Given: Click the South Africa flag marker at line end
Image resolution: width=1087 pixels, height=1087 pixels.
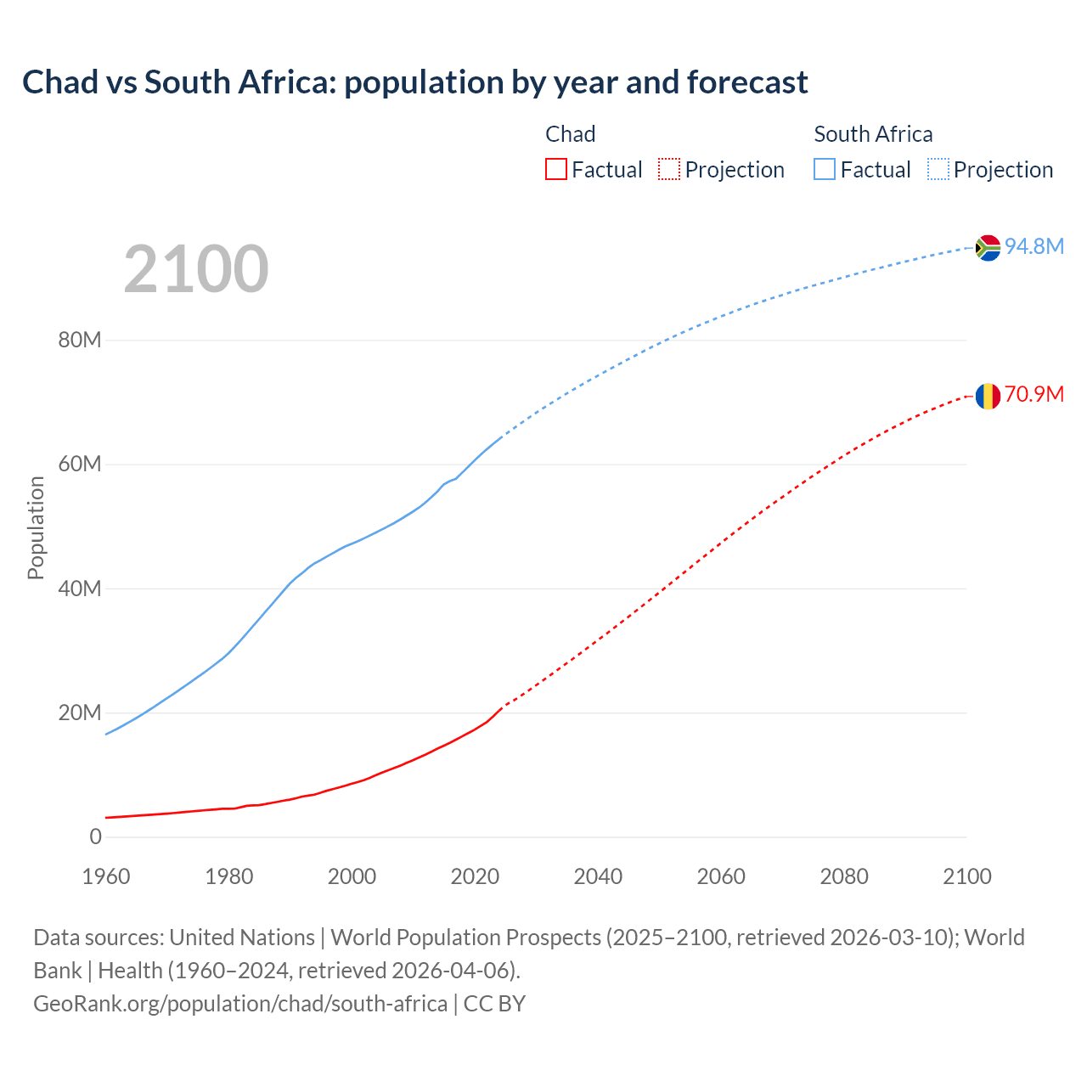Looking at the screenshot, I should [x=988, y=247].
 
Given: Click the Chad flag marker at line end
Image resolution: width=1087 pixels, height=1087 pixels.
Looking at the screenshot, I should [x=988, y=396].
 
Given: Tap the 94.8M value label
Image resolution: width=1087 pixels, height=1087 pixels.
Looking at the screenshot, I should [x=1034, y=246].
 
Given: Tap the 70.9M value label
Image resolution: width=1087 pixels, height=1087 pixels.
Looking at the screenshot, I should [x=1034, y=395].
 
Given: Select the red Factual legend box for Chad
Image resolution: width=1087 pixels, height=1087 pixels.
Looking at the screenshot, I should [x=555, y=169].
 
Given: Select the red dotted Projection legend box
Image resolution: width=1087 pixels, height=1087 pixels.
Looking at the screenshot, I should [x=669, y=169].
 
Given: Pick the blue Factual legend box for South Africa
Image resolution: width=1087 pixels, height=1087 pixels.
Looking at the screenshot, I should [x=825, y=169].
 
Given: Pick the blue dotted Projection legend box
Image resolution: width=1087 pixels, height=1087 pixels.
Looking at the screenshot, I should [x=938, y=169].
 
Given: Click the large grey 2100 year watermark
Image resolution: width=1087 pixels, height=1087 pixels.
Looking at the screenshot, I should [x=196, y=269].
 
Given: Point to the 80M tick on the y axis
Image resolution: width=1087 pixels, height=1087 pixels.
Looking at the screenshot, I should [x=80, y=341].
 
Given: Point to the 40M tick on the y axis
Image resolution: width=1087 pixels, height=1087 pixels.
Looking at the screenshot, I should [x=80, y=589].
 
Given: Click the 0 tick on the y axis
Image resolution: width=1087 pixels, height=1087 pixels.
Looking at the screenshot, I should [x=95, y=836].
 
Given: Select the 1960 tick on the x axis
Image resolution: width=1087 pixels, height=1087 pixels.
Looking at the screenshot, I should [x=106, y=876].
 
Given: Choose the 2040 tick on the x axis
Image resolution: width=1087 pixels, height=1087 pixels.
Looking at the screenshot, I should [x=598, y=876].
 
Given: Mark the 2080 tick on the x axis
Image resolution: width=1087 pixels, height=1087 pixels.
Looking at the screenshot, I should [x=844, y=876].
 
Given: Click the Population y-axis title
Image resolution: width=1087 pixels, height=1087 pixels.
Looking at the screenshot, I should [x=36, y=527].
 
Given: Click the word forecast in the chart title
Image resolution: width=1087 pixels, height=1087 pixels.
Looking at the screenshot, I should [x=747, y=82].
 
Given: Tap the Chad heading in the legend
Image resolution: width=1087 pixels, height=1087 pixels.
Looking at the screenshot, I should [x=570, y=134].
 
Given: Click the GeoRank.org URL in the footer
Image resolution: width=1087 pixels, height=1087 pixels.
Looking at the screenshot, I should [x=240, y=1003].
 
